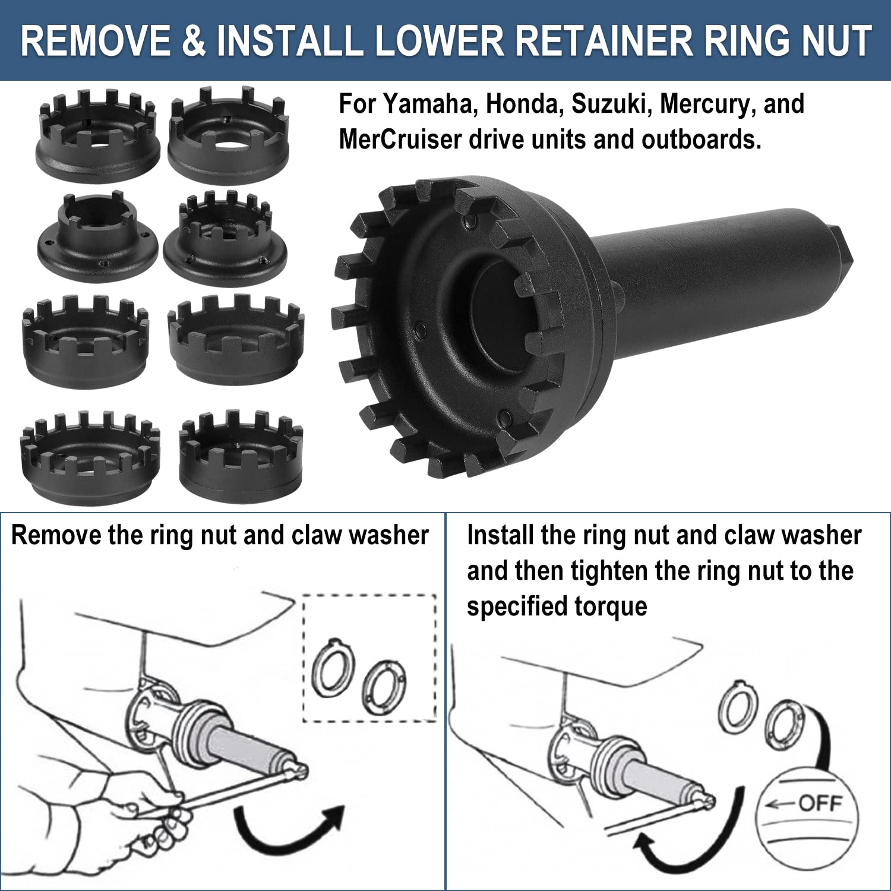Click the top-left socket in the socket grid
click(x=98, y=135)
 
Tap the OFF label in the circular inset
click(x=820, y=804)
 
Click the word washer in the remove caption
click(x=388, y=535)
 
